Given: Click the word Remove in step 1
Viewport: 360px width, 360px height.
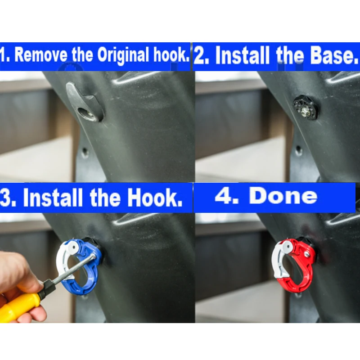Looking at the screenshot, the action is (41, 54).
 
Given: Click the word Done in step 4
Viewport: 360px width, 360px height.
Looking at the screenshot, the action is (283, 197).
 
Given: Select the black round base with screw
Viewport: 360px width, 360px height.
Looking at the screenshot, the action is (306, 107).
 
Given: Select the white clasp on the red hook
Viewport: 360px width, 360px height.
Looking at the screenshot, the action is (279, 260).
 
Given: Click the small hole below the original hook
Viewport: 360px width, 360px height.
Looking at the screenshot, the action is (85, 152).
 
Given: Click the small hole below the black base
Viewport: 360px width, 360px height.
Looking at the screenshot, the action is (298, 150).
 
